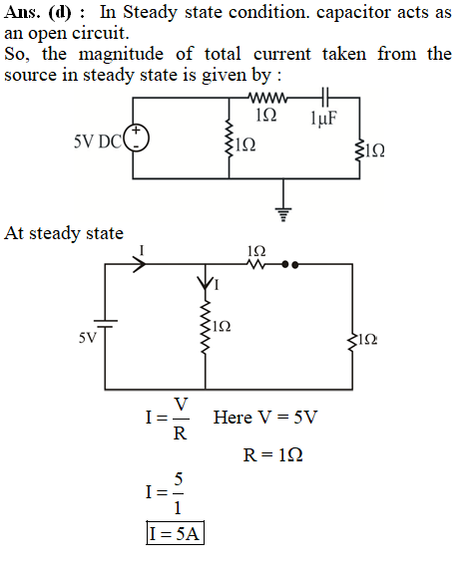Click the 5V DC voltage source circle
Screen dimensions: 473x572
click(137, 138)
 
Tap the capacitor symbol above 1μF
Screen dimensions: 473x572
click(325, 98)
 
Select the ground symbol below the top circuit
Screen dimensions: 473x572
click(283, 214)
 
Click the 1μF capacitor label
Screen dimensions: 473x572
click(323, 119)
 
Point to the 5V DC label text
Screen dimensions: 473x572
click(98, 142)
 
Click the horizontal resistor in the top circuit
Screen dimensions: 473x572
click(267, 98)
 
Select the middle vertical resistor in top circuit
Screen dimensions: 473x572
click(229, 139)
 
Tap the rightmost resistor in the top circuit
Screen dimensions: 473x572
click(359, 149)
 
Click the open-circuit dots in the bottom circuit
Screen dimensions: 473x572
click(290, 264)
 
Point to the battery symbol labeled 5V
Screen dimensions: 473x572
click(106, 323)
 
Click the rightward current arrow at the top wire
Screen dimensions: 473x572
click(139, 264)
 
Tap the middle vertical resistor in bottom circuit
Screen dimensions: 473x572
click(206, 327)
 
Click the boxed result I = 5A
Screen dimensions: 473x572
click(175, 533)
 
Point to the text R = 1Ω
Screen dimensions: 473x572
click(272, 454)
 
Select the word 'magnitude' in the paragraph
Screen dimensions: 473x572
click(122, 55)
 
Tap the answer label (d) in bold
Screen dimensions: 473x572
click(60, 13)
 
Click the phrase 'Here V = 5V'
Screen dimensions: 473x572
click(265, 418)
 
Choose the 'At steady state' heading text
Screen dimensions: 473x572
click(64, 233)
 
